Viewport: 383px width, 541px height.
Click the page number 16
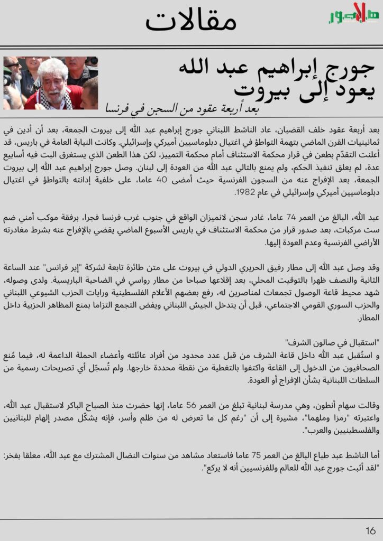point(370,529)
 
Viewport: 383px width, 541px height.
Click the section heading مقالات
point(191,22)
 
